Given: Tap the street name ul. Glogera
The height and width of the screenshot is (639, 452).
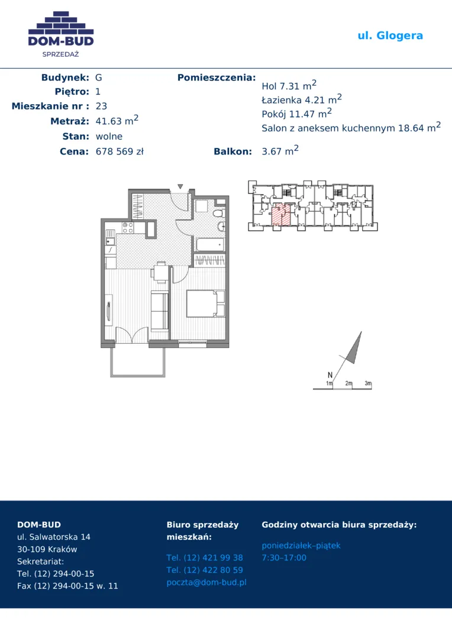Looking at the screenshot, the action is (x=390, y=36).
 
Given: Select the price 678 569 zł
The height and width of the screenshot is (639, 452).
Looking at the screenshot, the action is (x=120, y=151).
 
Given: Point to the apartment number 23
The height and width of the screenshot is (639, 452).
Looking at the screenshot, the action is (x=101, y=106).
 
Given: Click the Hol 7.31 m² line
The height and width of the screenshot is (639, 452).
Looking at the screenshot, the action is (x=289, y=85).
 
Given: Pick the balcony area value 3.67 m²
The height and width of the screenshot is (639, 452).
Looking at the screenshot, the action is (x=280, y=151).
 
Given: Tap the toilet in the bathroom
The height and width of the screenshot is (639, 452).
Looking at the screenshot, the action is (x=219, y=213).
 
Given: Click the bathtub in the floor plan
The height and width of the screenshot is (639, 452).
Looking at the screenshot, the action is (x=210, y=245).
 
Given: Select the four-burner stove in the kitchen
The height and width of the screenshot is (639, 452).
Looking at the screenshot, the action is (x=128, y=228).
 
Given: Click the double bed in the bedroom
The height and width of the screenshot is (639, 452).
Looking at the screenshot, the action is (x=205, y=303).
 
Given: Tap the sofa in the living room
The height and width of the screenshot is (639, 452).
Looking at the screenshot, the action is (x=159, y=311).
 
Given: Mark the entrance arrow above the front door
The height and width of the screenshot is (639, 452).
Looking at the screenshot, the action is (x=180, y=186).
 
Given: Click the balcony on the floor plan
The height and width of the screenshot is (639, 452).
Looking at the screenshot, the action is (x=138, y=362).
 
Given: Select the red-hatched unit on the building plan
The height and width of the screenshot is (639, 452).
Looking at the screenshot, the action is (x=281, y=215).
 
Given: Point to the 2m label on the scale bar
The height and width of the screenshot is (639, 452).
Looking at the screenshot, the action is (x=349, y=383).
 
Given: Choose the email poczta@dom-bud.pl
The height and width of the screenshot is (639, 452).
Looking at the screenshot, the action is (x=206, y=582).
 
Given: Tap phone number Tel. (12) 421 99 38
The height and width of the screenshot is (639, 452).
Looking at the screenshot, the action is (x=205, y=557).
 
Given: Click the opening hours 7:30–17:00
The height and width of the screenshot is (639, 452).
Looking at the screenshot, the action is (x=283, y=557).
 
